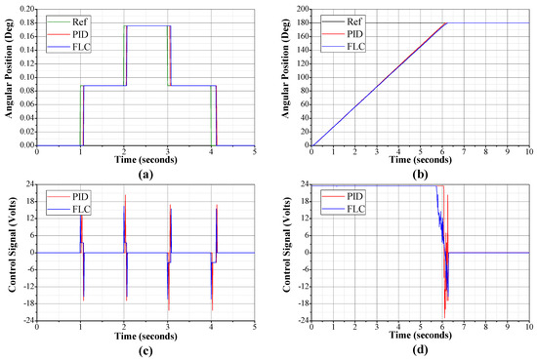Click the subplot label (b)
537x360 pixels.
click(420, 174)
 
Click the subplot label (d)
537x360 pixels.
click(420, 351)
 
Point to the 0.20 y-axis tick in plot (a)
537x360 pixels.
click(24, 9)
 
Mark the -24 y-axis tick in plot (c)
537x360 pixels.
click(25, 321)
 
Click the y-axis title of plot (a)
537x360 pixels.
click(8, 76)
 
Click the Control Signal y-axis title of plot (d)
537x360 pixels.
click(283, 253)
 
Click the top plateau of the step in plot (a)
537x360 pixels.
click(146, 26)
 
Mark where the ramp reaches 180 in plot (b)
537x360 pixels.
click(447, 22)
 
